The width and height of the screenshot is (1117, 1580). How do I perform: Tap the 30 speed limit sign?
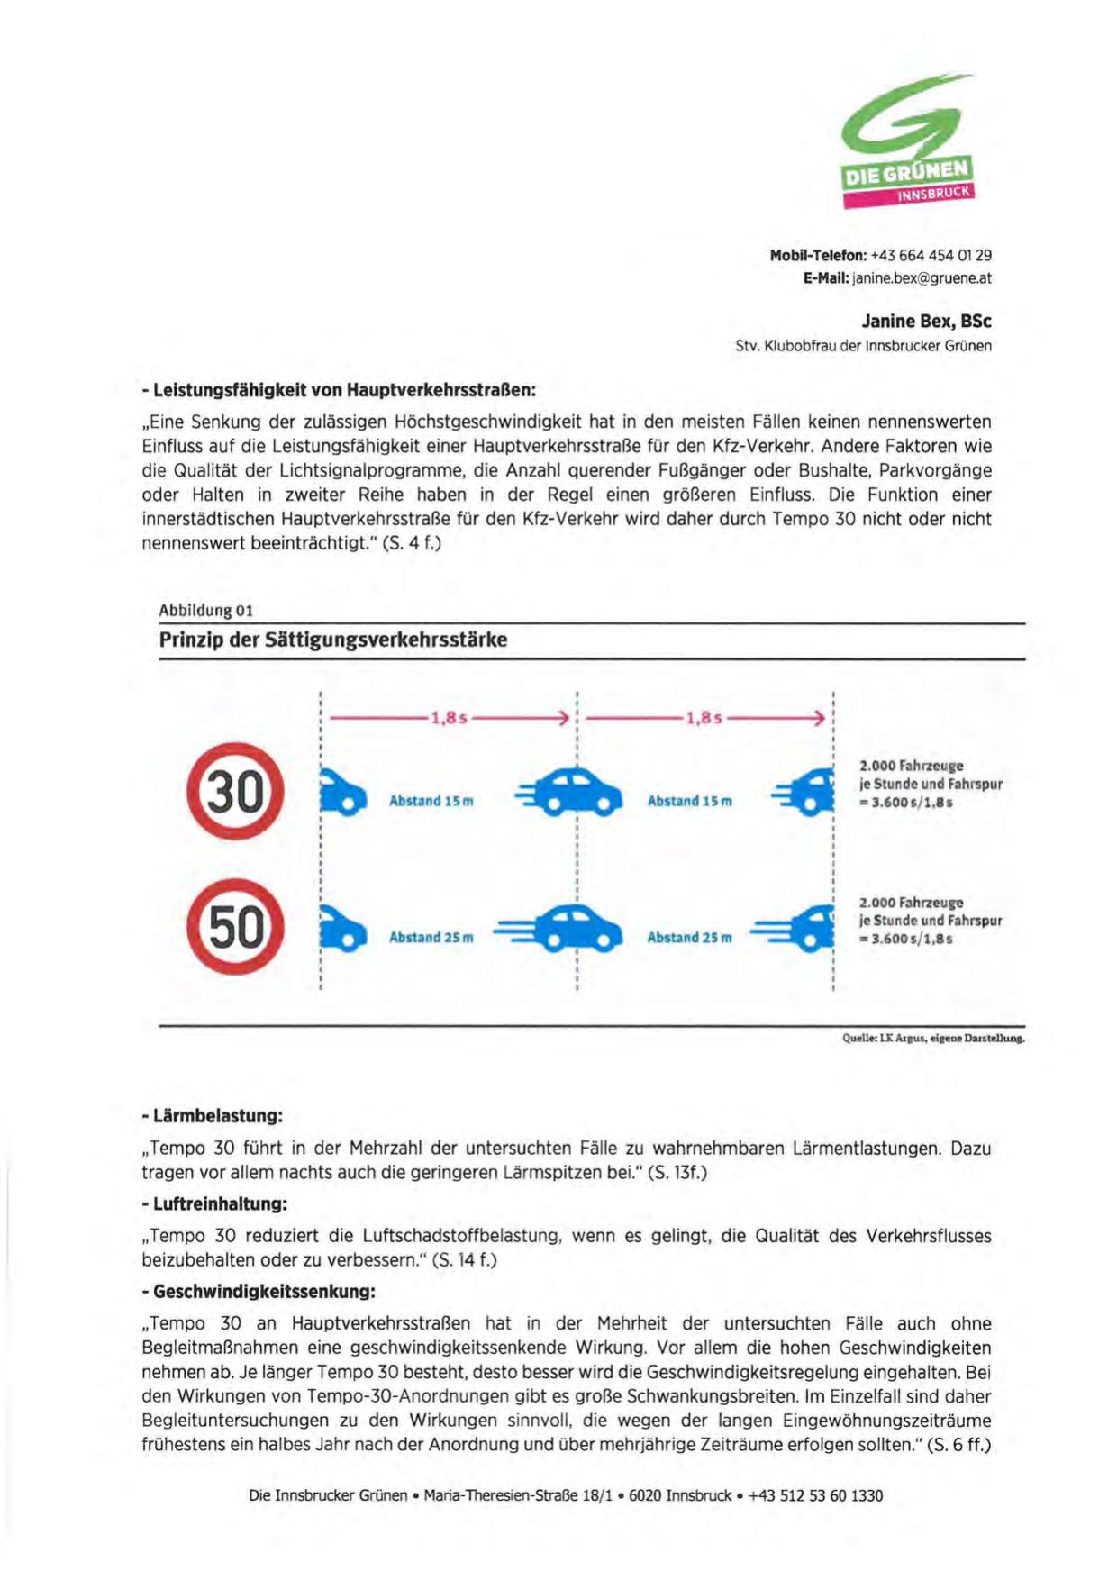tap(235, 792)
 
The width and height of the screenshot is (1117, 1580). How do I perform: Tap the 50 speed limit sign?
tap(235, 927)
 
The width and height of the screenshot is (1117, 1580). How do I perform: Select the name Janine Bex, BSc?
tap(926, 322)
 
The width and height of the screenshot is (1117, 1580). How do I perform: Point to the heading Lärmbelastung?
tap(213, 1116)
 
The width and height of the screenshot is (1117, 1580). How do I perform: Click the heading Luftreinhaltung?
tap(215, 1204)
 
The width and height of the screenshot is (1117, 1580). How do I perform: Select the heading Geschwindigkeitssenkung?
tap(259, 1292)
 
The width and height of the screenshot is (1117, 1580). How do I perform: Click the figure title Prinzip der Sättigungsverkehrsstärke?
tap(333, 640)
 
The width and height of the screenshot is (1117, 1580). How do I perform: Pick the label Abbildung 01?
tap(205, 611)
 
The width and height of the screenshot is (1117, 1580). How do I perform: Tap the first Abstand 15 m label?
tap(431, 801)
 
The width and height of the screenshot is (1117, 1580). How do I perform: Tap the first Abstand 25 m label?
tap(431, 938)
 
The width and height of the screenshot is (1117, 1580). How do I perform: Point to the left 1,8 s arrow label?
tap(449, 718)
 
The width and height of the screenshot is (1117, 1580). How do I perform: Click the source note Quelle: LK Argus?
tap(932, 1038)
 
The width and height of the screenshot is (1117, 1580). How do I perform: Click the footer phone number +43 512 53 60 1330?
tap(815, 1496)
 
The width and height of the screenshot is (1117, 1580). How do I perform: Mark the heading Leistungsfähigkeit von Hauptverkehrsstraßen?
tap(339, 390)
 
